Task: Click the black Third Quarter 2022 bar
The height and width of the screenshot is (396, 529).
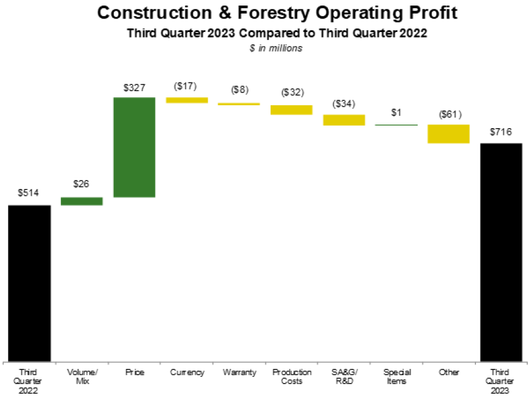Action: tap(29, 283)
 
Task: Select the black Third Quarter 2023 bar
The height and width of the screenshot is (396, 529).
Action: tap(501, 253)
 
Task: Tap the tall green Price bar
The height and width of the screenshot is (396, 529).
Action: tap(134, 147)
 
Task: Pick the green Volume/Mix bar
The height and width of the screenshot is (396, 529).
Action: tap(81, 201)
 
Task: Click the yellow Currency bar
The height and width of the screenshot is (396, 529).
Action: tap(187, 100)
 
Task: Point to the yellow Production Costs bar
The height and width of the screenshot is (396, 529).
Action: tap(292, 110)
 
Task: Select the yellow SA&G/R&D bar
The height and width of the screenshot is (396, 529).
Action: tap(344, 120)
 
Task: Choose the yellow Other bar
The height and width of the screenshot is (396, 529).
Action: tap(448, 134)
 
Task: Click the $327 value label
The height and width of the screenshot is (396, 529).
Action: tap(134, 88)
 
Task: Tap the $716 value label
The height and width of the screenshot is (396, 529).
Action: tap(501, 132)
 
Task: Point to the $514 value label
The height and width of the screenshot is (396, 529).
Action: tap(29, 193)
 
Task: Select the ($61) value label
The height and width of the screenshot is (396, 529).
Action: tap(450, 115)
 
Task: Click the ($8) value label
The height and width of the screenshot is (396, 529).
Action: tap(240, 90)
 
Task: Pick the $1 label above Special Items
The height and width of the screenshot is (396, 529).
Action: tap(396, 113)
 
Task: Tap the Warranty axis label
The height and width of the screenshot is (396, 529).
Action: tap(239, 373)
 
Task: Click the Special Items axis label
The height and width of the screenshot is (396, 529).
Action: tap(396, 376)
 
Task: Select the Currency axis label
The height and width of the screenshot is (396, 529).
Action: tap(187, 373)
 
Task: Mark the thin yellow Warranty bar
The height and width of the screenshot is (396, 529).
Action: tap(239, 104)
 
